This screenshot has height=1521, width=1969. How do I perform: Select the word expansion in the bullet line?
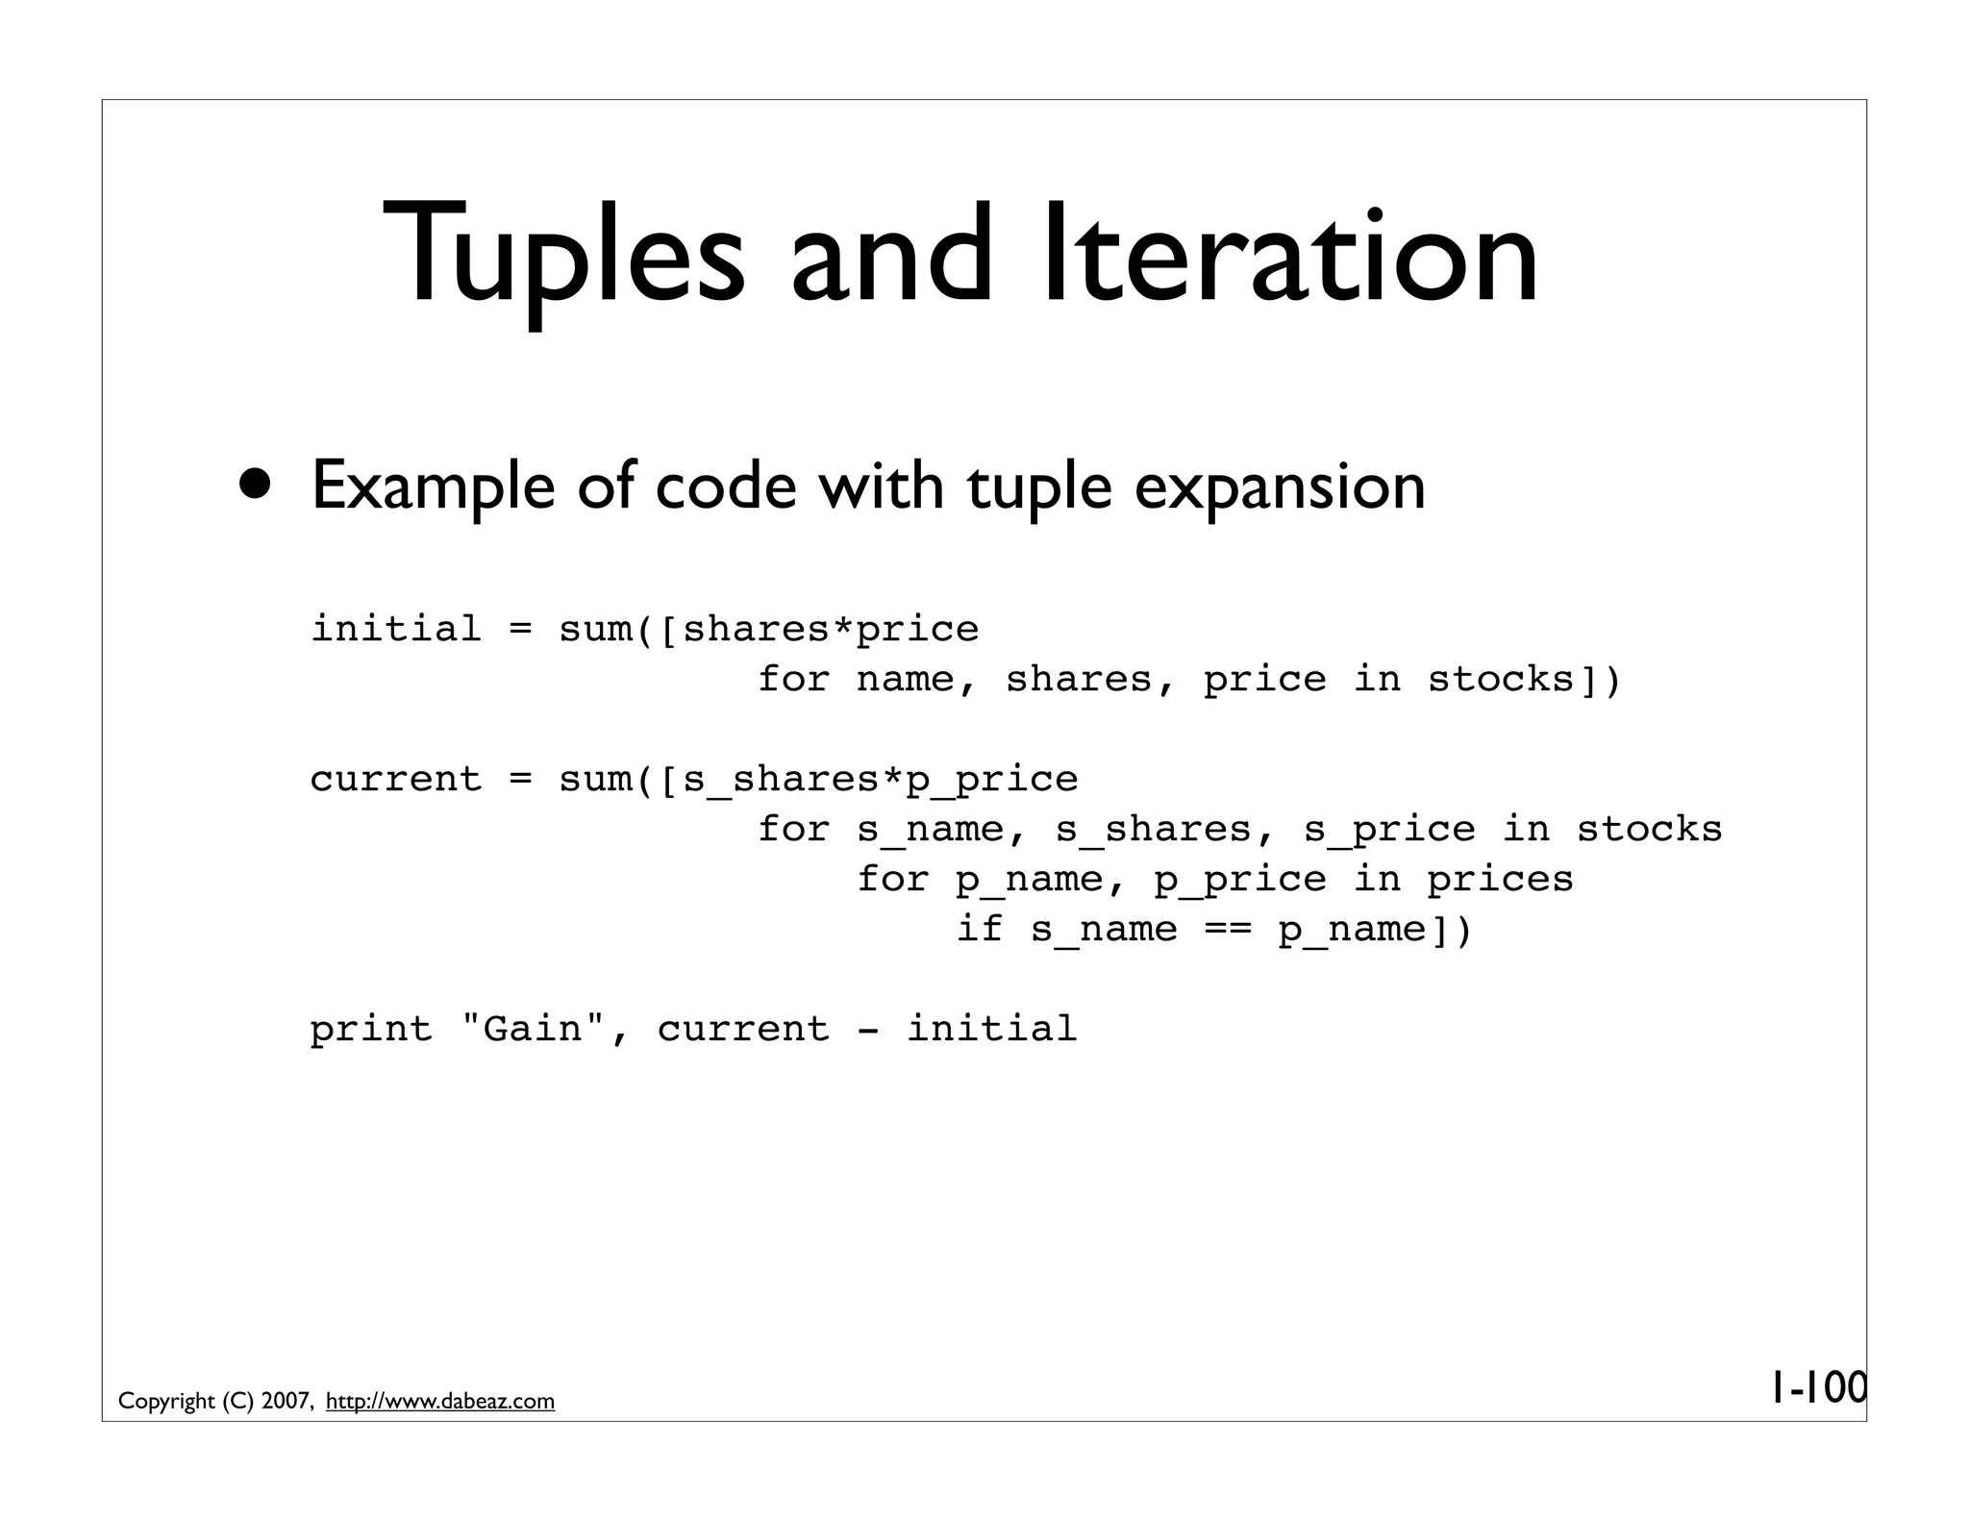point(1280,486)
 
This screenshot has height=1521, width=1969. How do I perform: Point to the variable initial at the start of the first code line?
point(395,630)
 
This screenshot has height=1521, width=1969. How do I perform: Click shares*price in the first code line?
point(830,630)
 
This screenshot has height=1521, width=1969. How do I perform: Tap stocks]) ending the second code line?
point(1524,680)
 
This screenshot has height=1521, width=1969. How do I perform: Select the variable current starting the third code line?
point(395,780)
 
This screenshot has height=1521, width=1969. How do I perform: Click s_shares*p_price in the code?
point(880,780)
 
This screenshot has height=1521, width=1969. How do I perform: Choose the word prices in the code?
point(1500,880)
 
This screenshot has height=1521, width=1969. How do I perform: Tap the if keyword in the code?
point(980,930)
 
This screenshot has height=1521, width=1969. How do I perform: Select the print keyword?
point(371,1030)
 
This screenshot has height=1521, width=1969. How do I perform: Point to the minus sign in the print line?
point(867,1030)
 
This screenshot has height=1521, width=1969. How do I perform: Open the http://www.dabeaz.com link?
point(440,1402)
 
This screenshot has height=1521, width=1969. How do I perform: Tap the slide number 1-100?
point(1817,1388)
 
